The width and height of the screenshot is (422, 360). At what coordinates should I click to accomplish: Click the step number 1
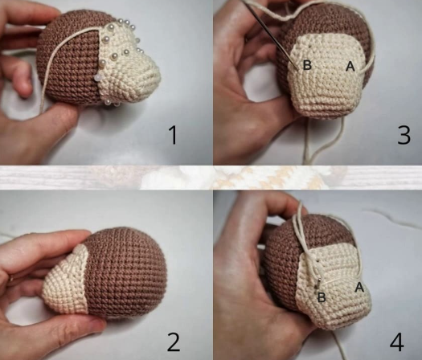(174, 135)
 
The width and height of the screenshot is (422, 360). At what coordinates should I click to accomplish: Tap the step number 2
(174, 342)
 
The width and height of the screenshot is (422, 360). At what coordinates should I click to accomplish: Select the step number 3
(404, 135)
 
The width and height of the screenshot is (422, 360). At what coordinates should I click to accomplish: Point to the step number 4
(397, 342)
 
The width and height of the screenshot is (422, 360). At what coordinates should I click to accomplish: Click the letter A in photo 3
(350, 66)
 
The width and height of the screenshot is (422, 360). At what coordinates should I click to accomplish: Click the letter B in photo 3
(307, 65)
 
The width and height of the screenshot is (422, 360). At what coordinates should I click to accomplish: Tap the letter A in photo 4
(359, 288)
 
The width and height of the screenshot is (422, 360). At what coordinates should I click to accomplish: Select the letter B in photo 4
(322, 297)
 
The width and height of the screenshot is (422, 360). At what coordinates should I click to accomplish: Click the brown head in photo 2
(126, 271)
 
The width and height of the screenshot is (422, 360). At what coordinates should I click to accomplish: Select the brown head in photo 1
(72, 59)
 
